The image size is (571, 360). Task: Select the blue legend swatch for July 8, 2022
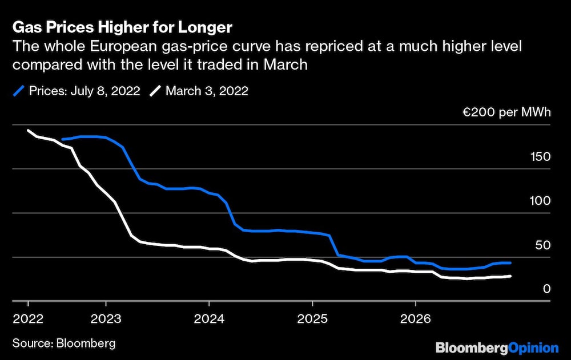(x=18, y=91)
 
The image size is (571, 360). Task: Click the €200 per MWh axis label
(x=506, y=112)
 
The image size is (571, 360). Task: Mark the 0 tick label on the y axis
(x=546, y=289)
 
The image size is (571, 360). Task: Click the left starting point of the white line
(x=28, y=131)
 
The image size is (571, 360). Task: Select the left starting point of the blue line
(x=62, y=139)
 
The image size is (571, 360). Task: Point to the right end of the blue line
(x=510, y=263)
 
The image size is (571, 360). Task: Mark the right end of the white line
(x=510, y=276)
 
